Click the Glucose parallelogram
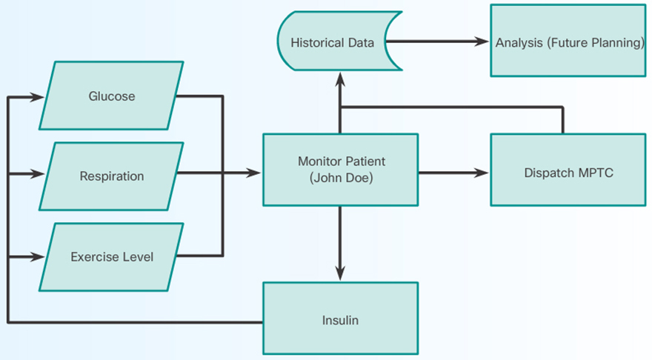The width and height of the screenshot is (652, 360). point(111,96)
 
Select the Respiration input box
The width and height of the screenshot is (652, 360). point(111,176)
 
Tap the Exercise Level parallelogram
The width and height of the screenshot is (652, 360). point(111,257)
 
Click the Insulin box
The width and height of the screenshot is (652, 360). point(340,320)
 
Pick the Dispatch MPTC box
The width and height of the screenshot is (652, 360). point(568,173)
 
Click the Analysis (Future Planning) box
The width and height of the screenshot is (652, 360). point(568,42)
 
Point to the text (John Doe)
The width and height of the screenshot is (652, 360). point(341,178)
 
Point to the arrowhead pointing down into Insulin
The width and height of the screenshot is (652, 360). point(340,275)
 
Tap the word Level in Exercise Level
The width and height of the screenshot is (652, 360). point(139,257)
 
